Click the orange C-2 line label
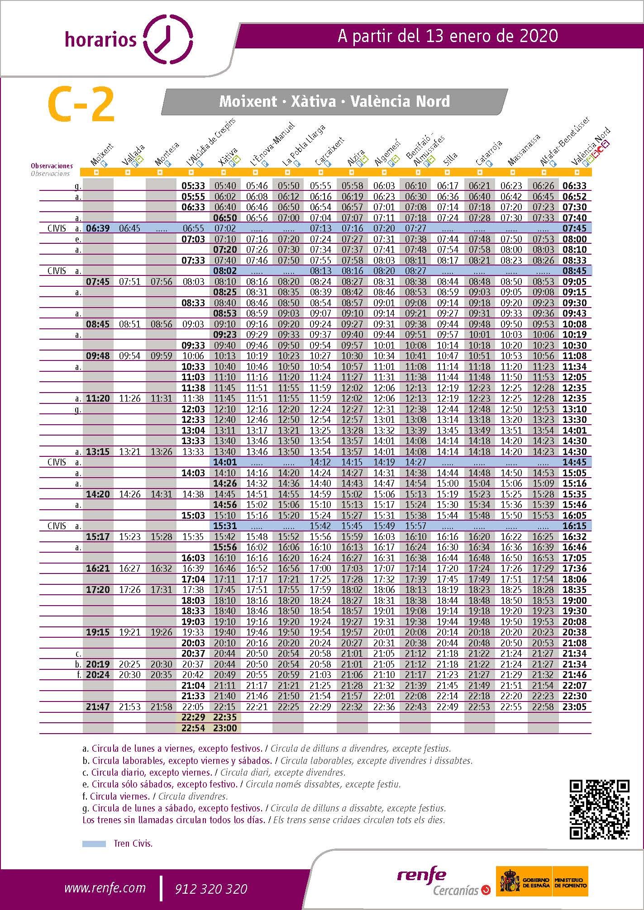[x=81, y=105]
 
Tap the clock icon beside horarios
[x=167, y=38]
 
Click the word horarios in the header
[x=100, y=40]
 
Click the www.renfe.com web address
[x=105, y=888]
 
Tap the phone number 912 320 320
[x=211, y=889]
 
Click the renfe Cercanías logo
[x=443, y=882]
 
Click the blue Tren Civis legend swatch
[x=94, y=844]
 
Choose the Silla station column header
[x=451, y=158]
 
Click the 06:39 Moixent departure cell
[x=98, y=228]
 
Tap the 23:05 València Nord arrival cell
[x=574, y=706]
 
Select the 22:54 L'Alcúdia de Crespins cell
[x=193, y=728]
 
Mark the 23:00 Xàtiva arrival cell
[x=225, y=728]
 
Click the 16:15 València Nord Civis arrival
[x=574, y=526]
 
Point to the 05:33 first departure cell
[x=193, y=186]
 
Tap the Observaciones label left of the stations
[x=52, y=166]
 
